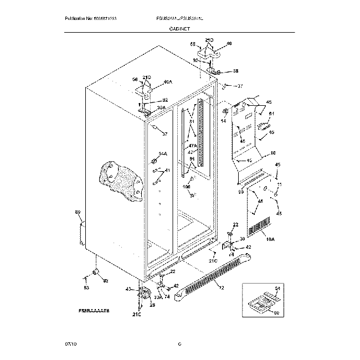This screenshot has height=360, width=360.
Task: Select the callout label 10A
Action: click(x=271, y=240)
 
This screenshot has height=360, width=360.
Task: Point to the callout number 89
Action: click(x=78, y=213)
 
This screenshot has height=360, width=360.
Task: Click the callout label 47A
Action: click(x=192, y=145)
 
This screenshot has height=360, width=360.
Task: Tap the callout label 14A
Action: click(x=163, y=153)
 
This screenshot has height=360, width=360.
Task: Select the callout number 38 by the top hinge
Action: click(x=235, y=71)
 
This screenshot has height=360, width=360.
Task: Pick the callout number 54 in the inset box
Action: click(x=277, y=289)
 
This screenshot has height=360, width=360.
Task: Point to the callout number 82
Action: click(x=105, y=281)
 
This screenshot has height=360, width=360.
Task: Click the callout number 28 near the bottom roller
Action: click(x=152, y=305)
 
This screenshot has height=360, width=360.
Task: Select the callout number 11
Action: click(x=280, y=184)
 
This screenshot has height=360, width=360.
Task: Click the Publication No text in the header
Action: click(x=90, y=18)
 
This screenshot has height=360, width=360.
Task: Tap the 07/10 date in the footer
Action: click(x=71, y=344)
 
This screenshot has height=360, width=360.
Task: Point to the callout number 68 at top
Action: click(x=193, y=44)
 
